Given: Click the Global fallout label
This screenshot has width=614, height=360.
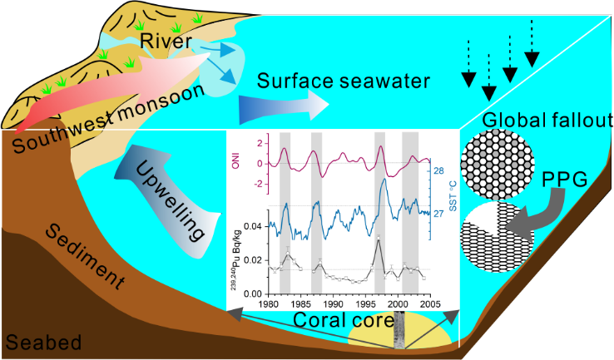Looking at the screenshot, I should coord(534,120).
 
